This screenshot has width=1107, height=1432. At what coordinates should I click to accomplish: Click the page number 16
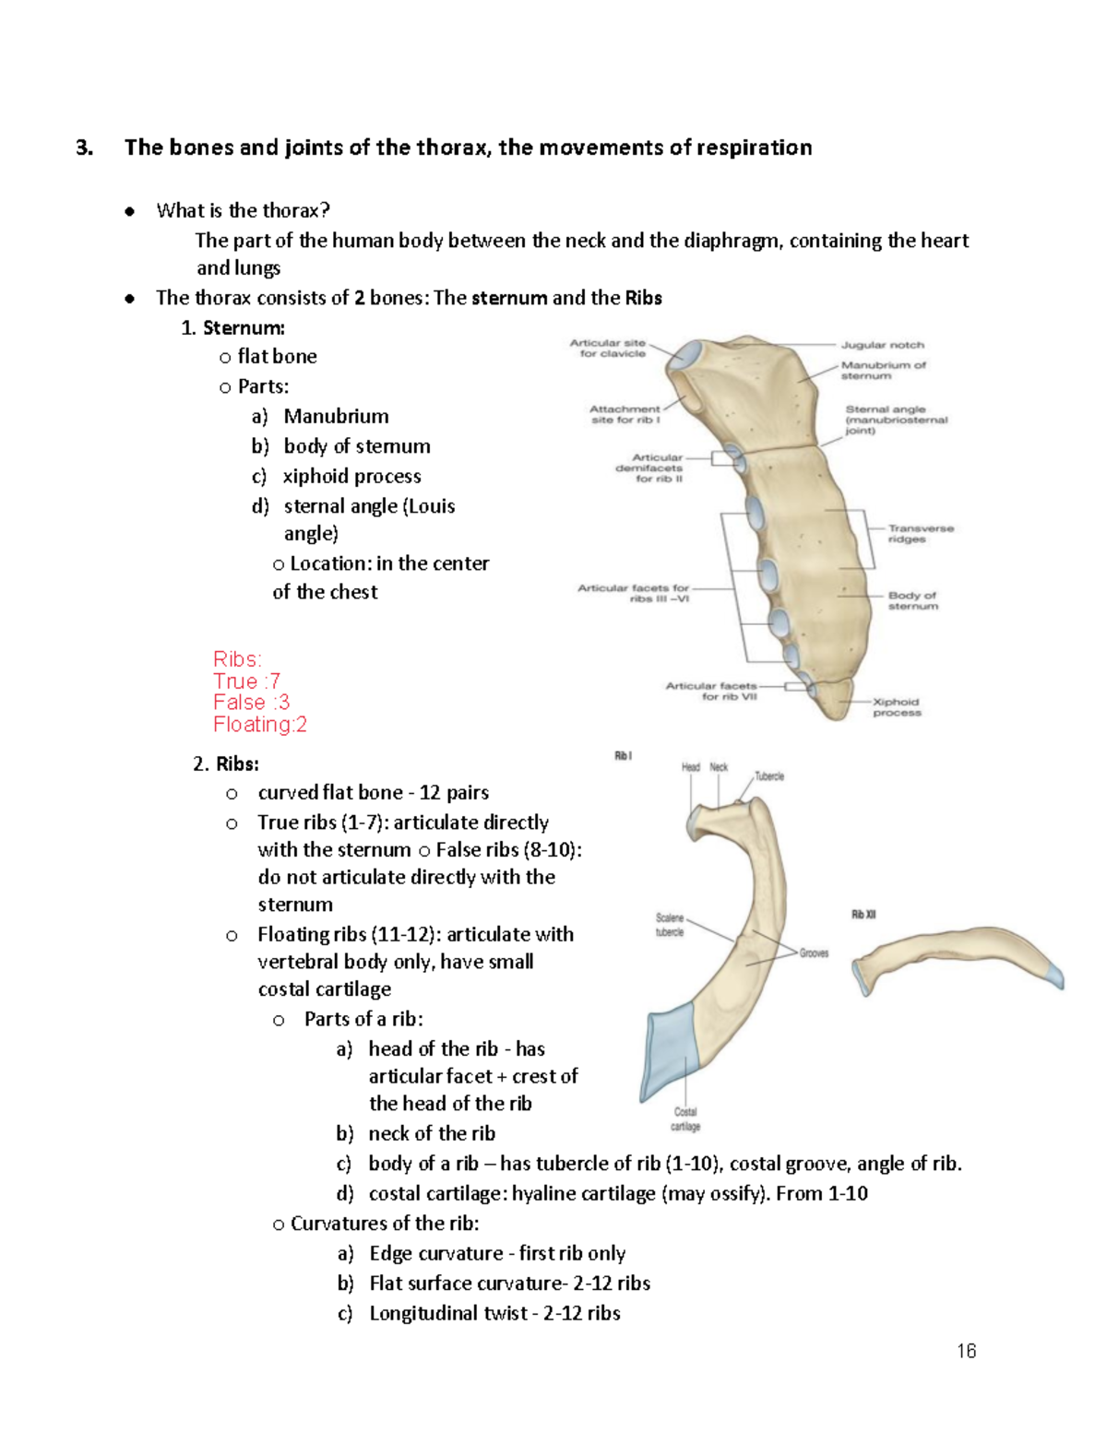click(x=966, y=1351)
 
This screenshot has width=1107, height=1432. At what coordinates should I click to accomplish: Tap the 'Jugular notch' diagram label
click(x=882, y=345)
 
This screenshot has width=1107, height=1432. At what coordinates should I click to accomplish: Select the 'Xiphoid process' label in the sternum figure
click(x=897, y=707)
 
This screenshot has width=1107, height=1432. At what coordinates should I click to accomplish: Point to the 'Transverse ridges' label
click(x=920, y=534)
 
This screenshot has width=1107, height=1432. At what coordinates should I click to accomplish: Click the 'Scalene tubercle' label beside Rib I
click(x=670, y=925)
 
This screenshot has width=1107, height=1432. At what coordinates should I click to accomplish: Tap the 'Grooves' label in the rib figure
click(x=814, y=953)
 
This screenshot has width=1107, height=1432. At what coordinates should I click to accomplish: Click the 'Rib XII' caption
click(x=863, y=915)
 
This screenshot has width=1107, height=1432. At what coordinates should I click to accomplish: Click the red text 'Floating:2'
click(x=260, y=725)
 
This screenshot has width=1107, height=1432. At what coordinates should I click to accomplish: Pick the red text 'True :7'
click(x=246, y=681)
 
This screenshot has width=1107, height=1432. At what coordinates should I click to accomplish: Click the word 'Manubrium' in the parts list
click(x=336, y=416)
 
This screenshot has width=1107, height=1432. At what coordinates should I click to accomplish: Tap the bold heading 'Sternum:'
click(x=244, y=327)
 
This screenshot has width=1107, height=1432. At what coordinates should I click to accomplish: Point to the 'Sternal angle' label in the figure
click(x=895, y=420)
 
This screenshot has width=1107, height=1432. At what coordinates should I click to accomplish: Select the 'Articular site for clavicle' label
click(x=609, y=348)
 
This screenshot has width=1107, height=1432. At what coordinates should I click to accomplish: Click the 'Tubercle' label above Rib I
click(x=769, y=776)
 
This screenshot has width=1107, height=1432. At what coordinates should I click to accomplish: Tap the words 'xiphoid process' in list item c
click(x=351, y=476)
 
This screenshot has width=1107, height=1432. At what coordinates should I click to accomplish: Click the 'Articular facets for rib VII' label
click(x=711, y=692)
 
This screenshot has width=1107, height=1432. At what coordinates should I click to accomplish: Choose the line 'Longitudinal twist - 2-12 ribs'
click(x=494, y=1313)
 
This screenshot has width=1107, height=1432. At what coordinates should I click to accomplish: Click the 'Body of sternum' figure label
click(x=912, y=600)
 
